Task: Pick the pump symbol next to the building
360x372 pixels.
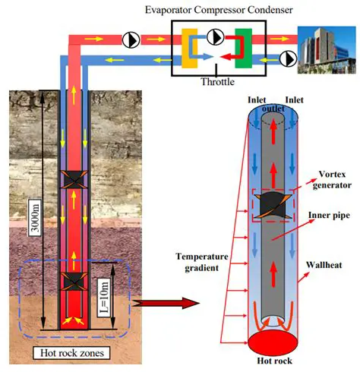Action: pos(289,56)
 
